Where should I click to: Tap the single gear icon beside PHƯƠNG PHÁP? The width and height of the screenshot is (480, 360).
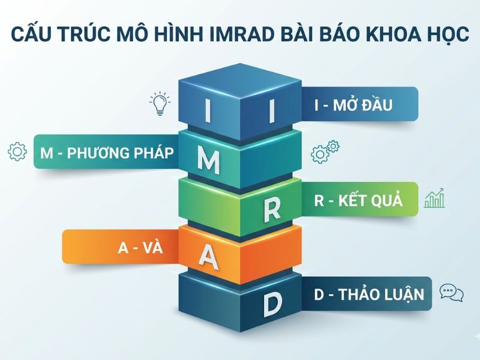tap(17, 151)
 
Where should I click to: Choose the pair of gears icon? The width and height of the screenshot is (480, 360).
tap(325, 151)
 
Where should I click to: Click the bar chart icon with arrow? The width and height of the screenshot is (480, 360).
tap(434, 197)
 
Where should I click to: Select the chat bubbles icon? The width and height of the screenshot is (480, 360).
tap(451, 293)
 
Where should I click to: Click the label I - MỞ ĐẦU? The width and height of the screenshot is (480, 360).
tap(353, 106)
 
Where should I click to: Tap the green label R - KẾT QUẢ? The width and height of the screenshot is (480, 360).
tap(358, 200)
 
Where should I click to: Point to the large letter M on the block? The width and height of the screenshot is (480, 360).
tap(208, 158)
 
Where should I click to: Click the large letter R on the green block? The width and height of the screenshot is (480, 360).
tap(272, 208)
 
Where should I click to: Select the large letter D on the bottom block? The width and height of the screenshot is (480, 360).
tap(272, 304)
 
